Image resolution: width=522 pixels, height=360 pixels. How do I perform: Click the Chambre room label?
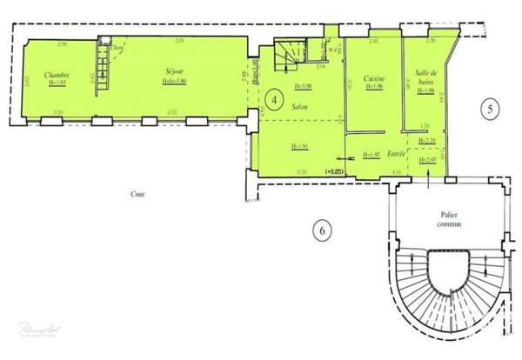[59, 74]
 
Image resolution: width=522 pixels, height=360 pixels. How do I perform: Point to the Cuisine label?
[375, 77]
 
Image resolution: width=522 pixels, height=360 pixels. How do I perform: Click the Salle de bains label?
[426, 77]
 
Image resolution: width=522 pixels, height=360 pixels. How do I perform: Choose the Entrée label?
[397, 154]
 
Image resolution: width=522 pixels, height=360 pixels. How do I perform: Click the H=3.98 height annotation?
[304, 86]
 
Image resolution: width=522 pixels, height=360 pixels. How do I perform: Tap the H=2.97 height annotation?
[426, 161]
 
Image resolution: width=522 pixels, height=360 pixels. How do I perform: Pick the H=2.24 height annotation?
[426, 141]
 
